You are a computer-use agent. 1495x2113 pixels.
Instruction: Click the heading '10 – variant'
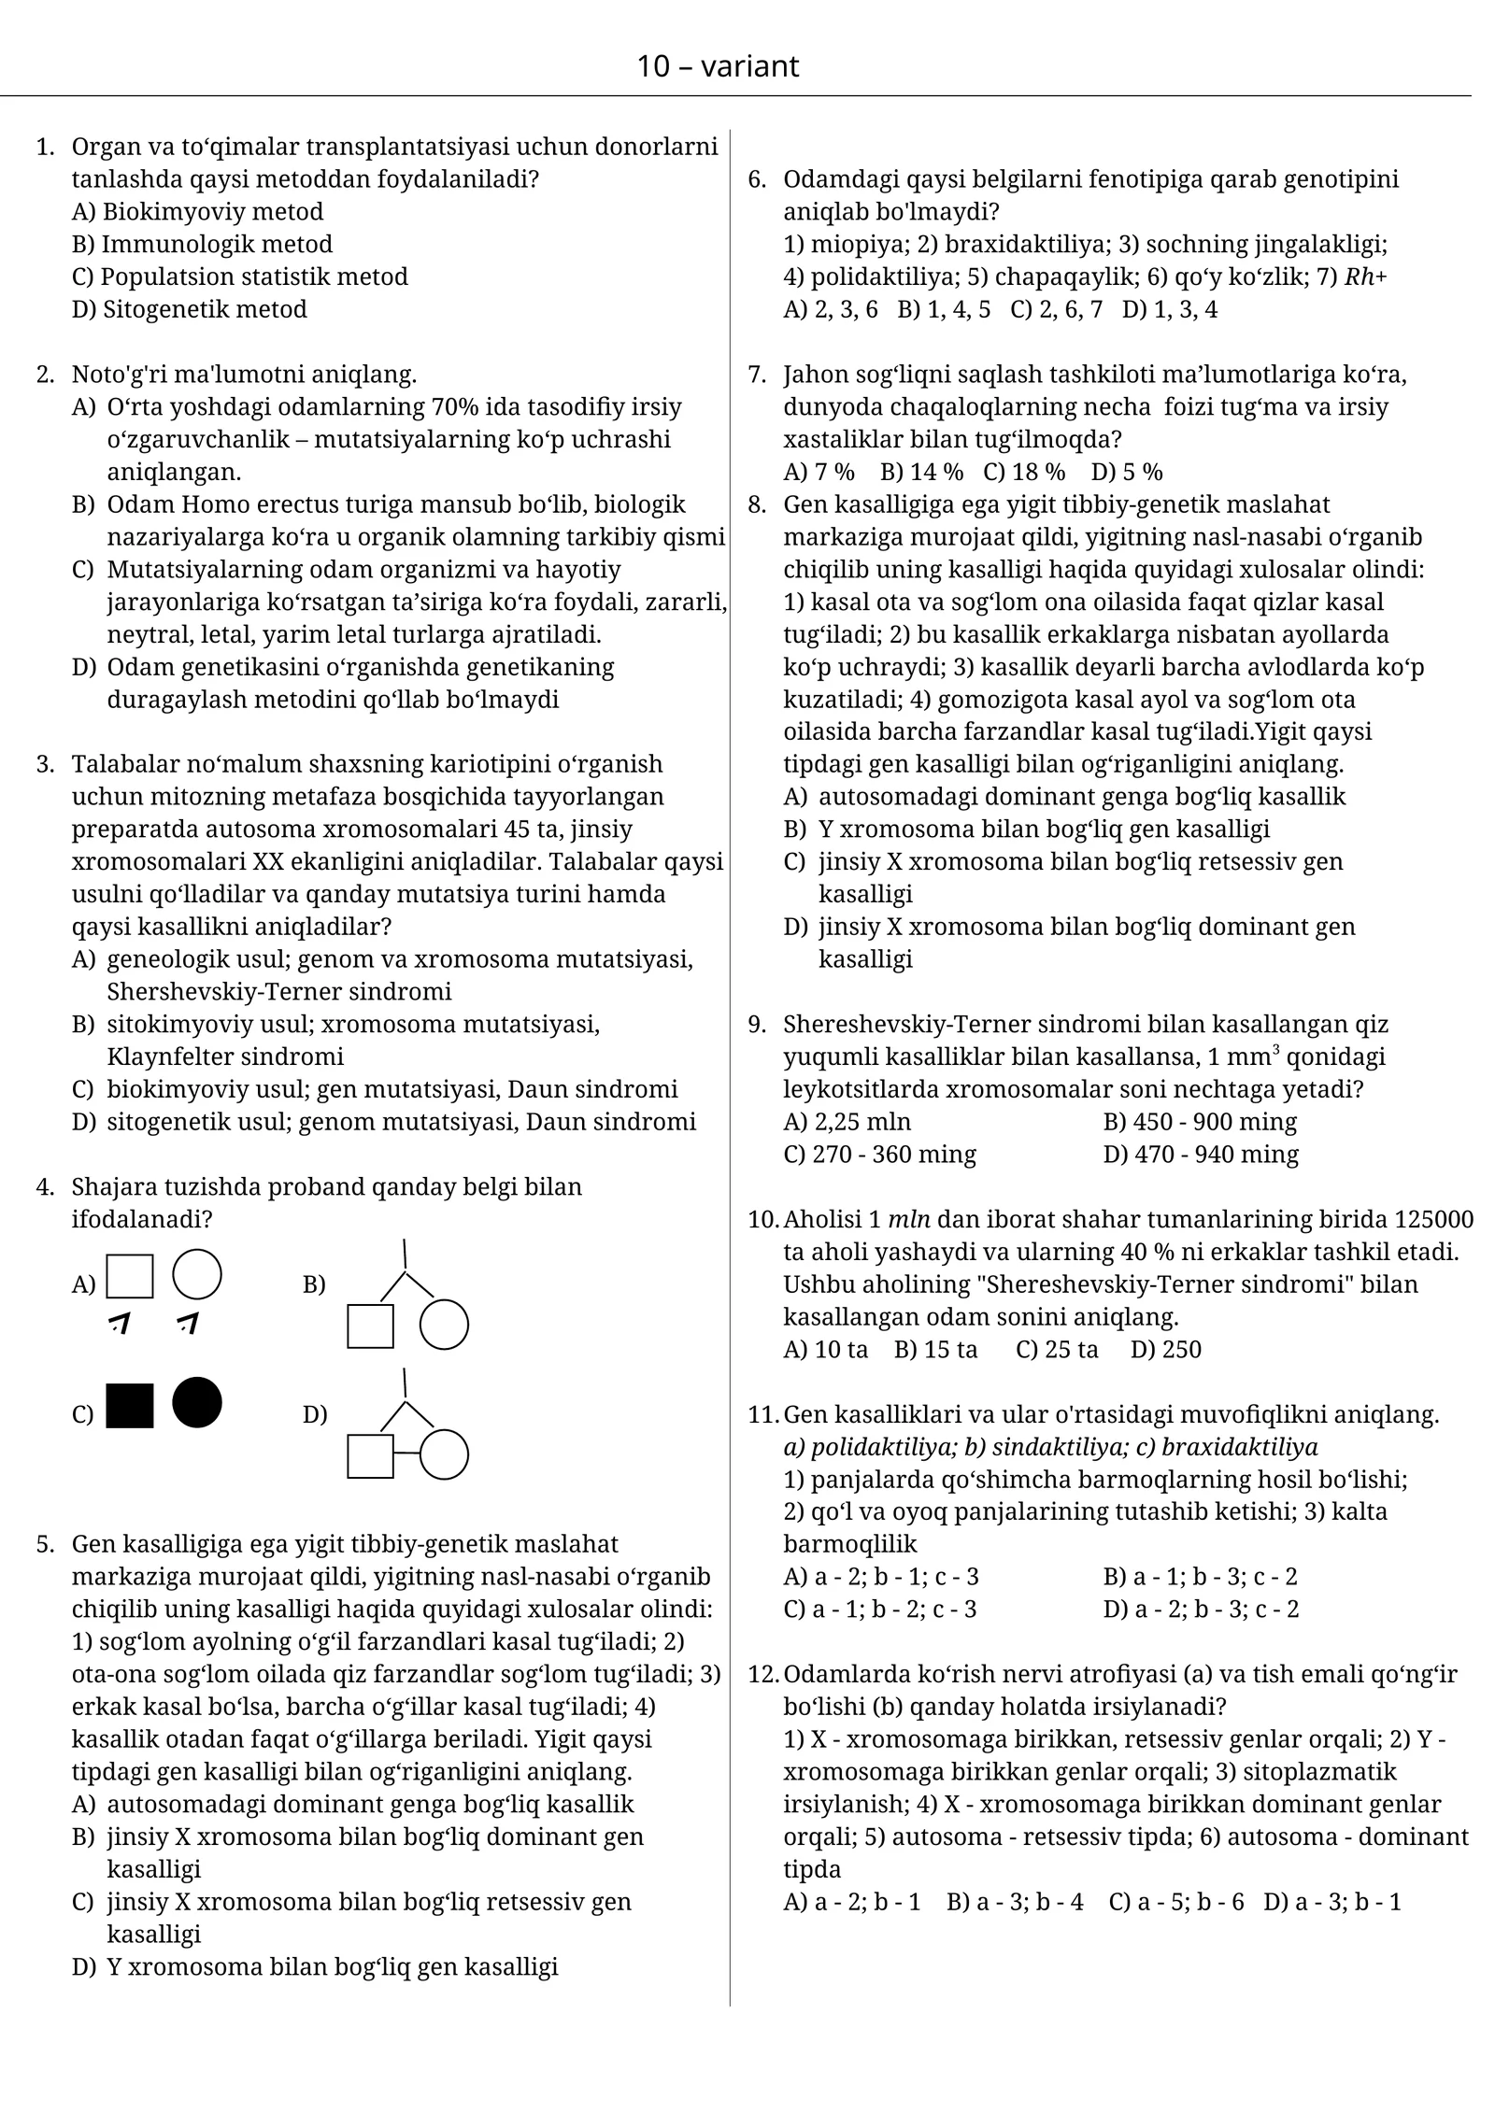click(718, 66)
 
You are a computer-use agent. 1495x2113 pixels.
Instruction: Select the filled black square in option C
click(130, 1405)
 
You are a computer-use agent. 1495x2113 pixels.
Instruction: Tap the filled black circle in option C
click(197, 1402)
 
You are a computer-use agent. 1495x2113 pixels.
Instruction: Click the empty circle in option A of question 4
click(197, 1274)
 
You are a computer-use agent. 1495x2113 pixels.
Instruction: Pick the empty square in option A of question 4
click(130, 1276)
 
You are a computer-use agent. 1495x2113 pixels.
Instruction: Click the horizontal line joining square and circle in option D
click(406, 1454)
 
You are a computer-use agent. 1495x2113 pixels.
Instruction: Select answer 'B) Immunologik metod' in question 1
click(202, 244)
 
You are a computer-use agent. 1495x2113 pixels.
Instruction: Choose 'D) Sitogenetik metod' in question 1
click(189, 309)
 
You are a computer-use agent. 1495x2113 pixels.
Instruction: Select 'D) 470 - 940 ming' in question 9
click(1200, 1154)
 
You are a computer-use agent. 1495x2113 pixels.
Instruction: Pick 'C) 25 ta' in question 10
click(1057, 1349)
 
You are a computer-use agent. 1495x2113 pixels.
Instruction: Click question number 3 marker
click(45, 764)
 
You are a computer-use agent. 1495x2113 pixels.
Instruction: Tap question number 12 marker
click(762, 1674)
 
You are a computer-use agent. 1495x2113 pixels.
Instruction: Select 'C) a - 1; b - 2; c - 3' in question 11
click(879, 1609)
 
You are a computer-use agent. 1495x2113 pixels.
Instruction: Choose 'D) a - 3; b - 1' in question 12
click(1331, 1902)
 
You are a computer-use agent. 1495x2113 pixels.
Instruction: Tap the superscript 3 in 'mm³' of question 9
click(1275, 1049)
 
